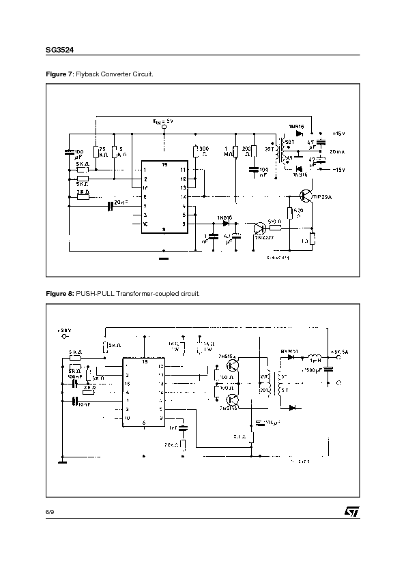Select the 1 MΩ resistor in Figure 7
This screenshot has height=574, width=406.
pyautogui.click(x=235, y=151)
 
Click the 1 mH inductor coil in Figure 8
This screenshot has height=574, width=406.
pyautogui.click(x=315, y=356)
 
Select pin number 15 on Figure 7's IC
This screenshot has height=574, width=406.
pyautogui.click(x=164, y=164)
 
